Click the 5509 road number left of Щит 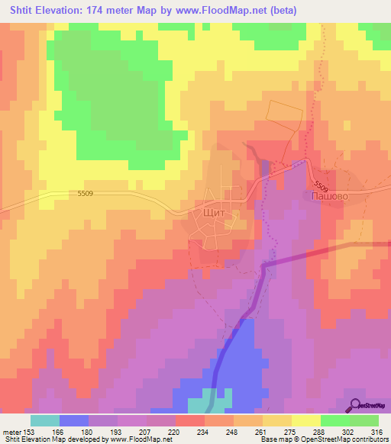coord(85,194)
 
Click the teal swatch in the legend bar coord(45,420)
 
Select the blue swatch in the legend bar coord(74,420)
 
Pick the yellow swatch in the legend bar coord(306,420)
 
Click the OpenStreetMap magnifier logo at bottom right coord(356,404)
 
